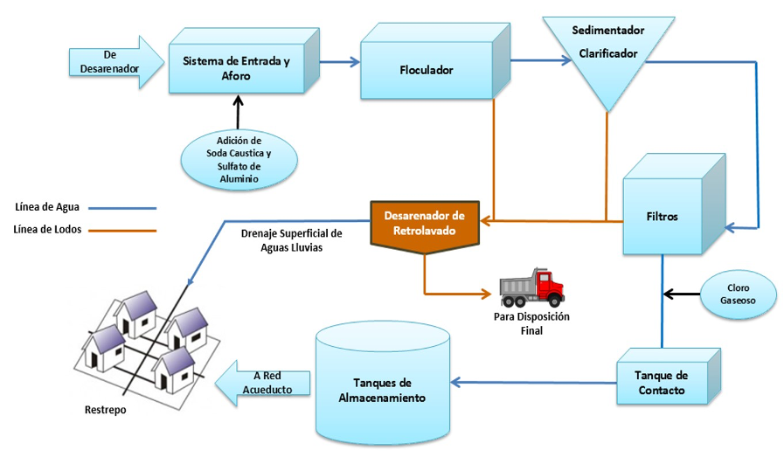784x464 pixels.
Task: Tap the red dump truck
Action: (x=531, y=287)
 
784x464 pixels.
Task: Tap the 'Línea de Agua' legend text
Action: (x=47, y=208)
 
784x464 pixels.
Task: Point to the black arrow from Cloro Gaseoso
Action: (x=682, y=292)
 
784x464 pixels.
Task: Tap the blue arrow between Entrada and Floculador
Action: (x=339, y=61)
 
